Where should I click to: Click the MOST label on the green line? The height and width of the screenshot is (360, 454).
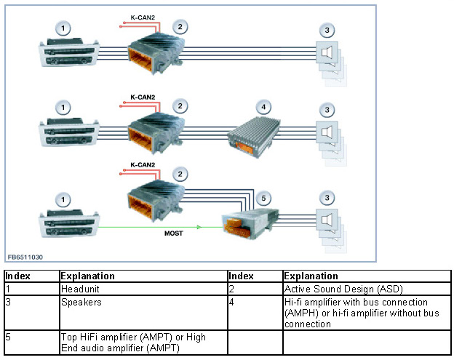point(174,233)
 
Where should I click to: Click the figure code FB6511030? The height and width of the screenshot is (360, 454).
point(25,257)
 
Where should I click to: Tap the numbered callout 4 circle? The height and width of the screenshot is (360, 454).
point(263,107)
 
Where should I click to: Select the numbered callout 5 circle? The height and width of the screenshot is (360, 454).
point(263,199)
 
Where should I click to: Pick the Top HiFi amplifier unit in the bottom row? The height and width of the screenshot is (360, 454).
point(250,223)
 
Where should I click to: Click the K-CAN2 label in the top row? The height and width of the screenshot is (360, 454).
point(143,17)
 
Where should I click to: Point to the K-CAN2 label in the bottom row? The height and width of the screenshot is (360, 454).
point(143,165)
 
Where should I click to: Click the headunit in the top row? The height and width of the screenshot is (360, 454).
point(69,53)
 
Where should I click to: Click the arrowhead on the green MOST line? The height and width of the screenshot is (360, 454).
point(199,227)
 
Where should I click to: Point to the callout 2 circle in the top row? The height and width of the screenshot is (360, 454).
point(180,27)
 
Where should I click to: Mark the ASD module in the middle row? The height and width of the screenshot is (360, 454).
point(156,132)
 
